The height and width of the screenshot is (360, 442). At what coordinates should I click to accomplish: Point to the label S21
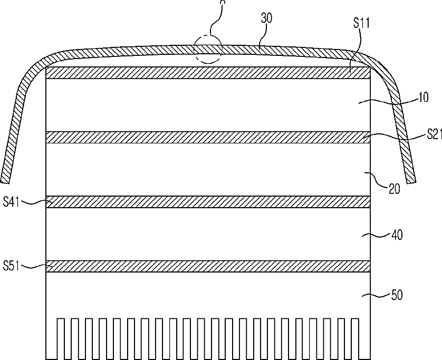(x=433, y=135)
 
